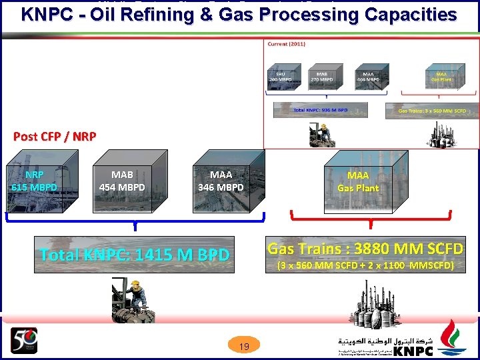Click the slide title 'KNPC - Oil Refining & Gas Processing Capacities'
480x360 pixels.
pos(239,15)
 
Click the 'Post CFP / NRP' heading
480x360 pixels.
pos(55,137)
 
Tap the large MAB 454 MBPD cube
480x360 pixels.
pos(121,181)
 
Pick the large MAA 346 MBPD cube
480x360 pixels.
pos(221,181)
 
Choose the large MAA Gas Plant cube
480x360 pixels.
pos(358,181)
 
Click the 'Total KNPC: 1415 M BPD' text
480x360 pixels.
pos(134,255)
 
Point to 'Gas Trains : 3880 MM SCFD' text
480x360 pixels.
pos(365,249)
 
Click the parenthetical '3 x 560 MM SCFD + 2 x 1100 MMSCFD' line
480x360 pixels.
pos(365,266)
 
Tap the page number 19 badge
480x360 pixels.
pos(244,346)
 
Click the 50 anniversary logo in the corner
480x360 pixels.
pos(24,340)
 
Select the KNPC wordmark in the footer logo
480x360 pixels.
pos(412,351)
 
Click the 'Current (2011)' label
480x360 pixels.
pos(287,44)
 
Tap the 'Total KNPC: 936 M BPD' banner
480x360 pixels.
pos(321,110)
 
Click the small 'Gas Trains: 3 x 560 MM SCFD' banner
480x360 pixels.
pos(432,111)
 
